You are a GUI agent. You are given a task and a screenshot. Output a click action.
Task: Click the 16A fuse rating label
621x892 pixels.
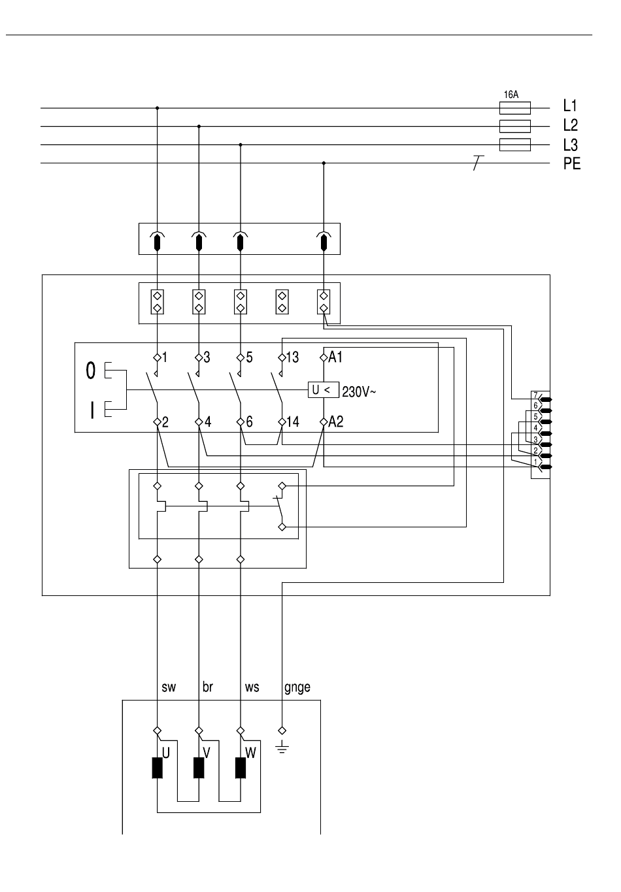click(x=511, y=95)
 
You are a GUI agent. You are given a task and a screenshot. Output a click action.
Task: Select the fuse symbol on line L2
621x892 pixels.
click(x=515, y=126)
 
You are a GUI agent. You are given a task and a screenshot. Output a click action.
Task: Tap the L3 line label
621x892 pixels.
click(x=571, y=145)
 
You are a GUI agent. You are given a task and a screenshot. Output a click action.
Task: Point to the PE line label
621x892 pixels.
click(x=572, y=163)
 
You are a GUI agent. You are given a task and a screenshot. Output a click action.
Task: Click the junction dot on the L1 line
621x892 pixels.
click(x=158, y=108)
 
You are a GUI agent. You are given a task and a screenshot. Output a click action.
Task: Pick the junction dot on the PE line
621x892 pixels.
click(x=324, y=163)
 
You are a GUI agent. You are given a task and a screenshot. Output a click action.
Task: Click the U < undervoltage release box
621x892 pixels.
click(x=324, y=390)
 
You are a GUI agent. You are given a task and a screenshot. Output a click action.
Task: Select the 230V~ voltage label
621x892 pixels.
click(x=359, y=392)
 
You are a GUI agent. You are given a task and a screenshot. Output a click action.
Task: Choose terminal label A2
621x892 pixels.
click(x=336, y=421)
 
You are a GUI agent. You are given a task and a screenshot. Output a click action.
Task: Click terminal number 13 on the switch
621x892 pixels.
click(x=292, y=357)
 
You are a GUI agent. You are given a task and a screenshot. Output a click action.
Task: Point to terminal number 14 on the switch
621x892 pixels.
click(x=293, y=421)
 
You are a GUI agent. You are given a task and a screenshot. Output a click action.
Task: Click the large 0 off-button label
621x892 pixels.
click(x=91, y=371)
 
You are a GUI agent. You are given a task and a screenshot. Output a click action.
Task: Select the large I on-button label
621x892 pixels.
click(x=92, y=410)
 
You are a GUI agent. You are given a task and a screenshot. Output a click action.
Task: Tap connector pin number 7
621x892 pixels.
click(x=536, y=395)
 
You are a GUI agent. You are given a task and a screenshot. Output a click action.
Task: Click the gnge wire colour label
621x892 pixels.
click(x=297, y=687)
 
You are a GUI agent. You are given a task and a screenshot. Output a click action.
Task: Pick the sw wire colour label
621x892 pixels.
click(x=169, y=687)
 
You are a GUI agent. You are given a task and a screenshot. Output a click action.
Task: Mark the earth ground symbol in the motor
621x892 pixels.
click(x=282, y=748)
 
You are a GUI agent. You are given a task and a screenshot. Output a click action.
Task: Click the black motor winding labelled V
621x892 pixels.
click(x=199, y=768)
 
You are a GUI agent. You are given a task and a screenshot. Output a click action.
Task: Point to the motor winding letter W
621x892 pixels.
click(x=250, y=753)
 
